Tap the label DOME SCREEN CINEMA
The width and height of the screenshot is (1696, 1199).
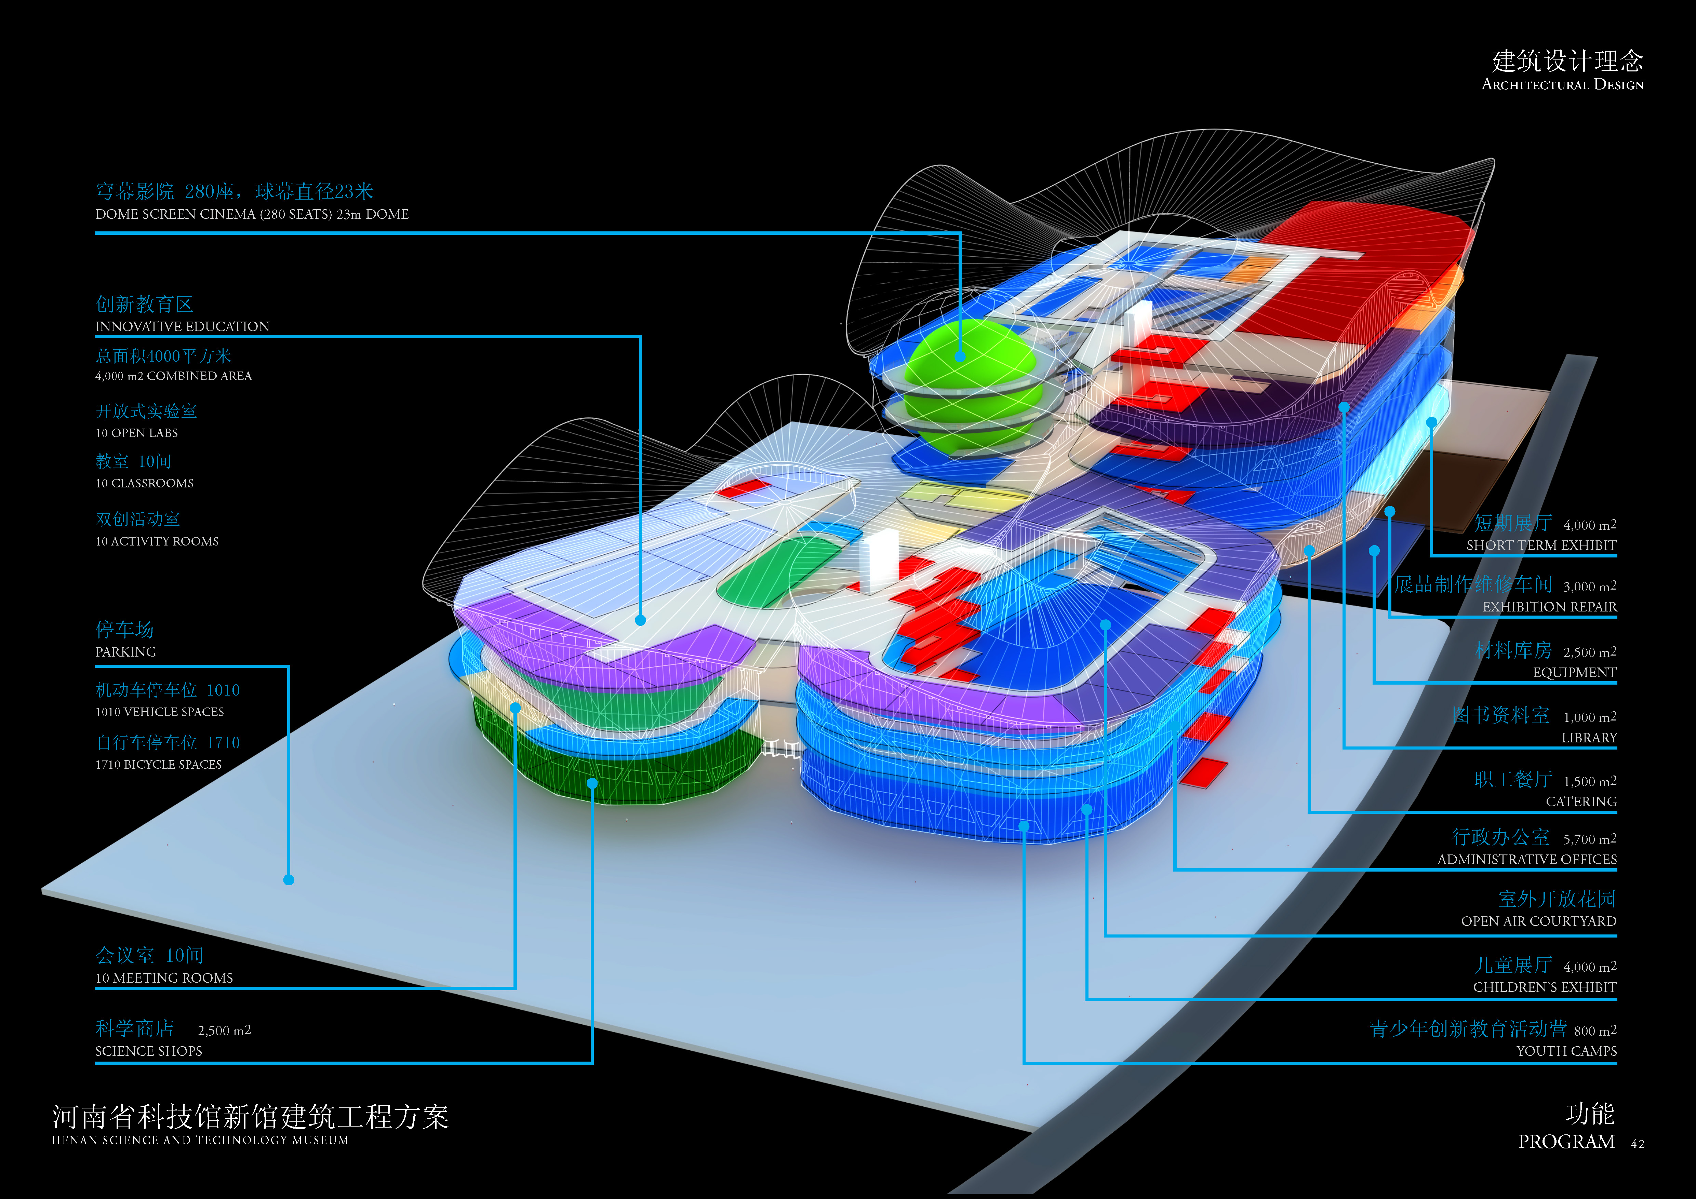point(251,214)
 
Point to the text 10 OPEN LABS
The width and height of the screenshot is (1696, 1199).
point(137,433)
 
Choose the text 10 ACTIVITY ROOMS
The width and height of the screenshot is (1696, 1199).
point(157,541)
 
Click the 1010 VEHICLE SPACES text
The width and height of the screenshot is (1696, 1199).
point(160,712)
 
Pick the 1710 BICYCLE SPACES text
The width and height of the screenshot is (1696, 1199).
point(158,764)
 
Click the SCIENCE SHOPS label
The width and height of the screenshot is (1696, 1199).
point(148,1051)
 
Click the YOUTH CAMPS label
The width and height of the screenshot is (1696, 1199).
point(1566,1051)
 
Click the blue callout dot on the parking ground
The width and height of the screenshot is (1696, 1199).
point(289,879)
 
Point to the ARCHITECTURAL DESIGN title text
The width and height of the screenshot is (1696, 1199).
point(1562,85)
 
